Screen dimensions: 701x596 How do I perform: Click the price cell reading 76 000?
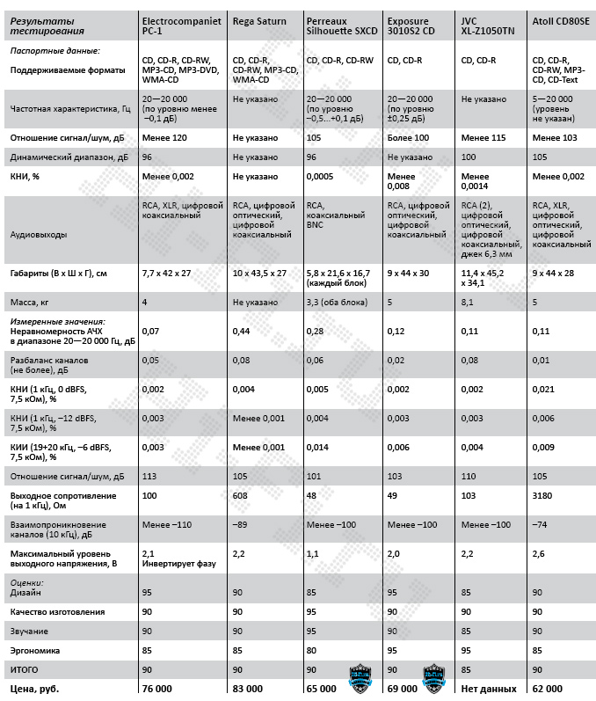[157, 688]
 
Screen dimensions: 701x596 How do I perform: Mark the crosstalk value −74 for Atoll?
[542, 524]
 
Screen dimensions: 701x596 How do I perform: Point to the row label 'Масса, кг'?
[33, 302]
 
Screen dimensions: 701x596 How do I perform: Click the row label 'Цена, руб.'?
[38, 688]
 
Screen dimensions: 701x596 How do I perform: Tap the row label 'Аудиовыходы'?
[40, 235]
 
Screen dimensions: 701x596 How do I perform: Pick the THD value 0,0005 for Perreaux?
[321, 176]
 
